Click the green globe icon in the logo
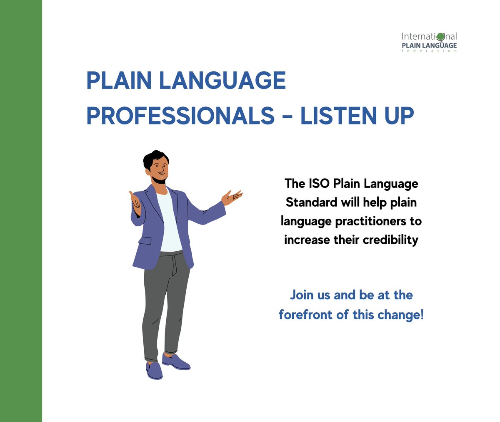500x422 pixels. pos(440,37)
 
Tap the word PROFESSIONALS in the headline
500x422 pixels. pos(180,116)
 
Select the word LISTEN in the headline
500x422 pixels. pos(339,116)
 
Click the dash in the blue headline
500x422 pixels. pos(287,116)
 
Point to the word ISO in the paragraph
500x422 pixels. pos(319,184)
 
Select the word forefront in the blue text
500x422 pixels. pos(305,315)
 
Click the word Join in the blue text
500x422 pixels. pos(302,295)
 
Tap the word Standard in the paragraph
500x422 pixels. pos(312,202)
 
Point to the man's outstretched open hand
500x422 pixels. pos(232,197)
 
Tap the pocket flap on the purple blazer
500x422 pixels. pos(145,240)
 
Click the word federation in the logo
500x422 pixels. pos(429,51)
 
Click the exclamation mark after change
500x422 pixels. pos(422,314)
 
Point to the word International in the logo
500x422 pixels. pos(429,37)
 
